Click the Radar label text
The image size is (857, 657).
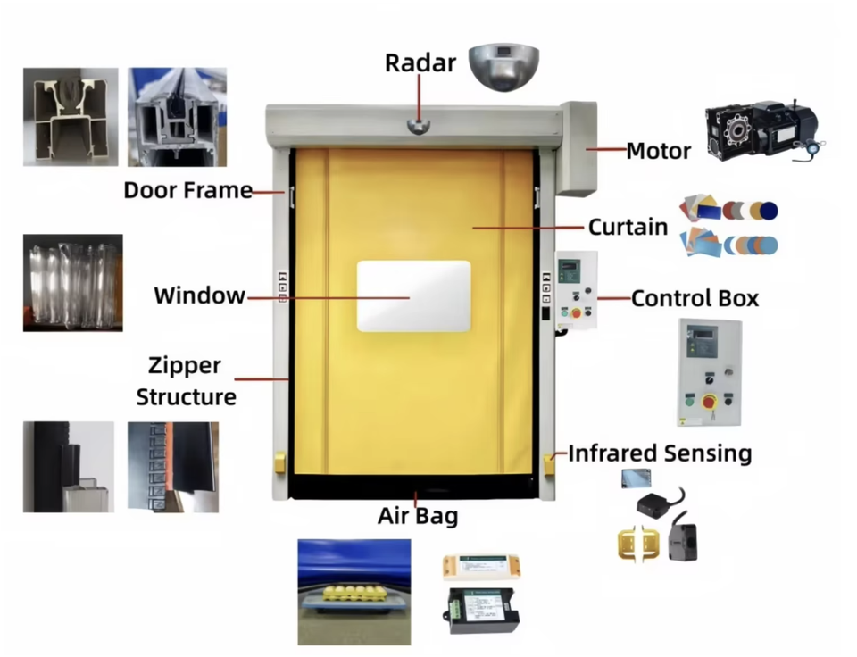coord(420,63)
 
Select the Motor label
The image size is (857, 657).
coord(658,151)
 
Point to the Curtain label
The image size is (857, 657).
coord(628,227)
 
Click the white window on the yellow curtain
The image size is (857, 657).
coord(413,296)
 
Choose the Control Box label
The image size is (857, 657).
coord(695,298)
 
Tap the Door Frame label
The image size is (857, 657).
coord(187,190)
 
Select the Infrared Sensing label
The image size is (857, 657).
coord(660,453)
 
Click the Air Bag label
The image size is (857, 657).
coord(418,515)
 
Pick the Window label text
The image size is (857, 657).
coord(199,295)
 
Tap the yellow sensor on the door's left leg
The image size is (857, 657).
coord(280,462)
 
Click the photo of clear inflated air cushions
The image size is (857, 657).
coord(72,282)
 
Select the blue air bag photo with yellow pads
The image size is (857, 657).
coord(354,591)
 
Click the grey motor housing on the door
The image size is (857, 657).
coord(578,147)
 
